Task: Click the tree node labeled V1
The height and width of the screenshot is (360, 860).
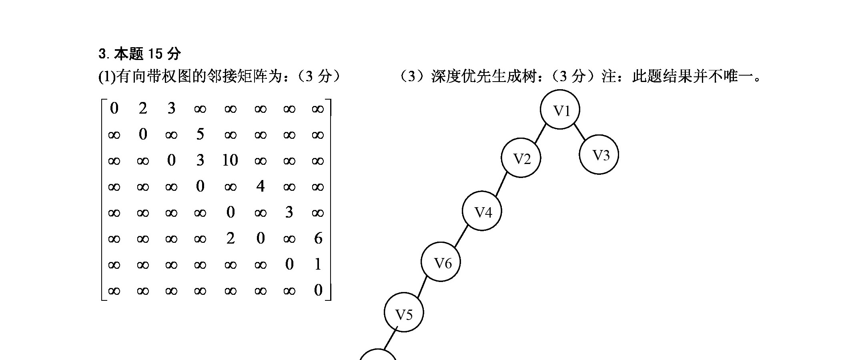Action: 560,110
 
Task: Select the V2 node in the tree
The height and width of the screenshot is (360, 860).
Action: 521,158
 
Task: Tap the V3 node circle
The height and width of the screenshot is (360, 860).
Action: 599,154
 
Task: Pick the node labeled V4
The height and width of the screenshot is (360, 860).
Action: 482,211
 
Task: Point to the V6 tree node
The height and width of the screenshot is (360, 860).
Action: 441,262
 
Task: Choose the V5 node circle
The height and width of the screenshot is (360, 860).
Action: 404,312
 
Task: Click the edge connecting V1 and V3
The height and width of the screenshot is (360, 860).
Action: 580,132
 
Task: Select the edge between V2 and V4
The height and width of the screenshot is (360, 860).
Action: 501,184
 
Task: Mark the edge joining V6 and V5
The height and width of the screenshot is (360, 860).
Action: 422,287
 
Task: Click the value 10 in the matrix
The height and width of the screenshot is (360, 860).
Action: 230,160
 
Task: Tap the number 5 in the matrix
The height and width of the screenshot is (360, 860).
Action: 200,134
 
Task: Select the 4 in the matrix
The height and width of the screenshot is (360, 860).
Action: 260,186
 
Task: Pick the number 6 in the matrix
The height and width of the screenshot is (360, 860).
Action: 318,238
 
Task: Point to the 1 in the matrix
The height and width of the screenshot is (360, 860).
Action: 318,264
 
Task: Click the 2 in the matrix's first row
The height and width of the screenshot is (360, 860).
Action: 143,108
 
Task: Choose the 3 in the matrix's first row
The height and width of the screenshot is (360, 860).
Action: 171,108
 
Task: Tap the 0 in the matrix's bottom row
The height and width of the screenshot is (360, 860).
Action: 318,290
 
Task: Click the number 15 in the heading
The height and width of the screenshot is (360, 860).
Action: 154,53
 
